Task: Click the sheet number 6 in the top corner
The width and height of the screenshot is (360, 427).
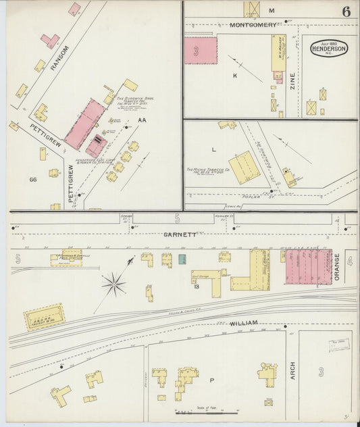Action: [x=346, y=11]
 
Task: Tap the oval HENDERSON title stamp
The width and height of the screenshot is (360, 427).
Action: [x=329, y=49]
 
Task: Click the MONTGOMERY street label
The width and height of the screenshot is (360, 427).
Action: [x=253, y=25]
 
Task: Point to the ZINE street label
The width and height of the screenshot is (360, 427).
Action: [x=292, y=82]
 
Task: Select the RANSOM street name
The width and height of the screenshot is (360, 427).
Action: [x=60, y=59]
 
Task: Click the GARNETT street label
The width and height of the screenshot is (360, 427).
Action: [x=180, y=234]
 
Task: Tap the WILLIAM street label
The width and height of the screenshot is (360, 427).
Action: [x=244, y=324]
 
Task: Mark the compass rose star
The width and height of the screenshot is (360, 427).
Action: [x=113, y=284]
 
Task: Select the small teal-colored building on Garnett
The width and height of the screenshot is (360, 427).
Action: [x=182, y=259]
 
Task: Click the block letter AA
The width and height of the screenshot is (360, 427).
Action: [x=143, y=120]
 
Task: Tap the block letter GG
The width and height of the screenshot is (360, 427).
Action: [x=32, y=180]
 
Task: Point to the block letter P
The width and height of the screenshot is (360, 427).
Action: [x=211, y=380]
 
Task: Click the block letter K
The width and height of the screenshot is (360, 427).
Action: [x=235, y=76]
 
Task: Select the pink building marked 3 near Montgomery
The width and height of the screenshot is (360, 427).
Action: [x=201, y=51]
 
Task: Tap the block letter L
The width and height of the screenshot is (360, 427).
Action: [x=214, y=148]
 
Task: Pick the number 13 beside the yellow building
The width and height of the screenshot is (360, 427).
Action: [x=197, y=286]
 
